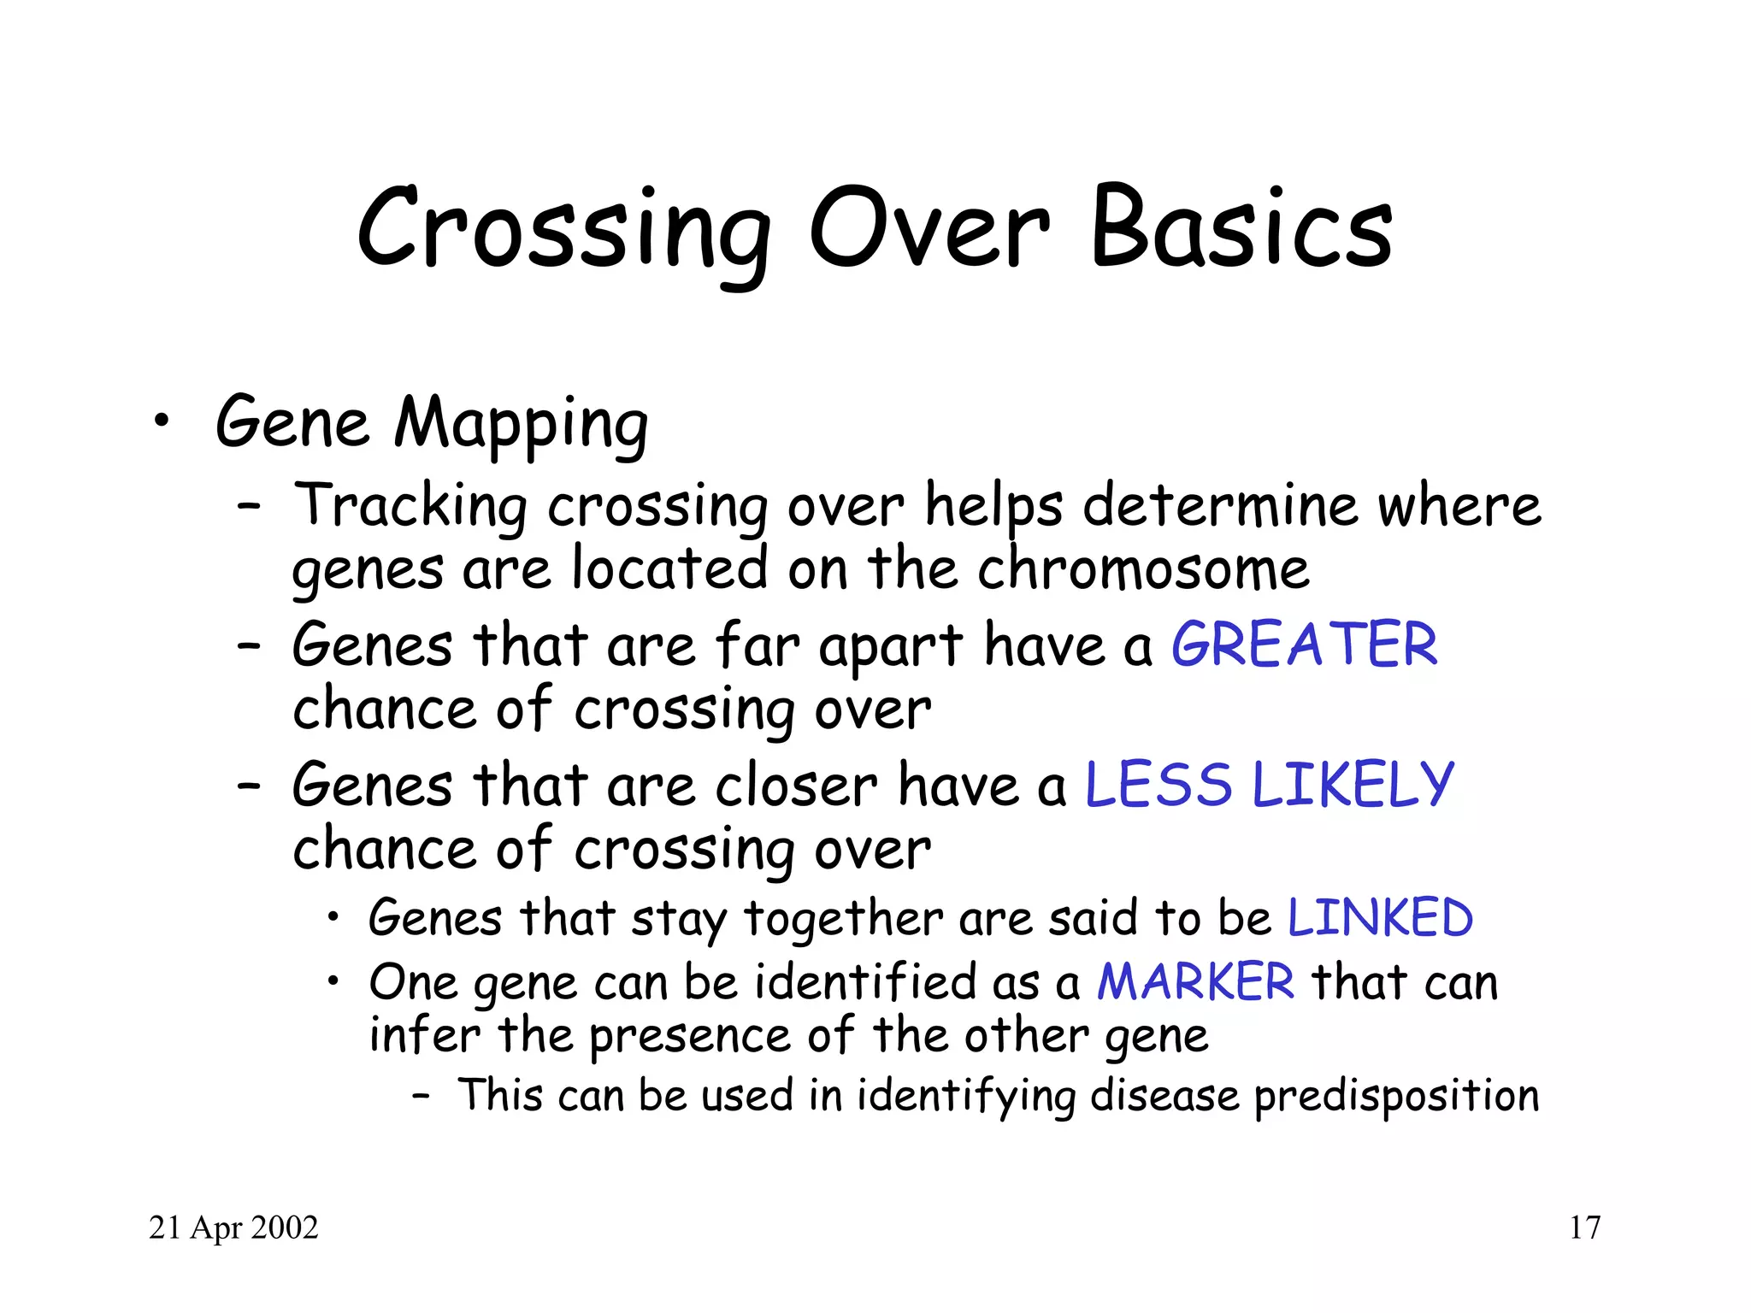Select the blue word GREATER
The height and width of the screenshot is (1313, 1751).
(1304, 645)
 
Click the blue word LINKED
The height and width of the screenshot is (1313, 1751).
(1380, 918)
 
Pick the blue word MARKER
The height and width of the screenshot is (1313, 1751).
(1195, 981)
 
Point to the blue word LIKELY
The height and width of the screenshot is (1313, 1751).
(1353, 785)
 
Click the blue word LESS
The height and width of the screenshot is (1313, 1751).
(1158, 785)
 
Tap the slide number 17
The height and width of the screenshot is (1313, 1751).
(1584, 1228)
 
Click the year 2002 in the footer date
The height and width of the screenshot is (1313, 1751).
(286, 1228)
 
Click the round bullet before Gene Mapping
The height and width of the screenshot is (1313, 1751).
(161, 421)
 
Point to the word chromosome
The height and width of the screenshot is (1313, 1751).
(1143, 569)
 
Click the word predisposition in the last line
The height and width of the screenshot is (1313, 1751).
(1396, 1097)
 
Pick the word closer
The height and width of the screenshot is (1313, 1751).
(796, 785)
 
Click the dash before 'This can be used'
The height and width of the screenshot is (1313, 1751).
(420, 1095)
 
